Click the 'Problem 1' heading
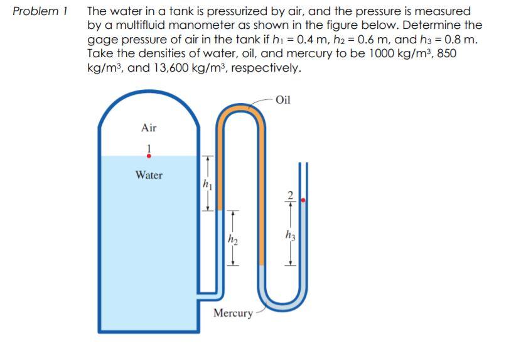(41, 11)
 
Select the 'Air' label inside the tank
(149, 128)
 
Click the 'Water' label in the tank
(149, 175)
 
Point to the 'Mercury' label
(233, 312)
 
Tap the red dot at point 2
(304, 200)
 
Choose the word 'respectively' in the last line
(266, 67)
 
